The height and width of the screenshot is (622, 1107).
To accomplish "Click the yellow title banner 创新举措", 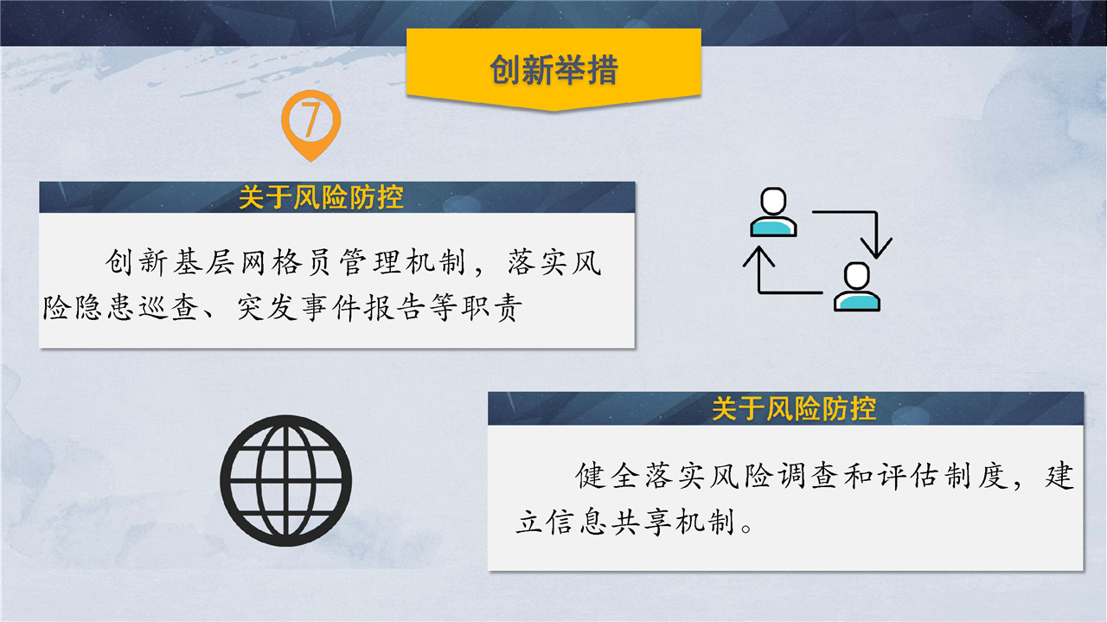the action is (x=553, y=69).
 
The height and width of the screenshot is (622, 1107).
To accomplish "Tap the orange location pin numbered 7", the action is (x=310, y=125).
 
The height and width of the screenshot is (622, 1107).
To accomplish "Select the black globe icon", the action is (x=285, y=481).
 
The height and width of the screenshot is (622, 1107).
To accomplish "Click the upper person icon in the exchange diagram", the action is (x=773, y=212).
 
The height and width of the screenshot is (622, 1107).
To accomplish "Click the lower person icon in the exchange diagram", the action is (x=857, y=286).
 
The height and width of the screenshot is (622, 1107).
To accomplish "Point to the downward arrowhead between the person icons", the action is (x=876, y=247).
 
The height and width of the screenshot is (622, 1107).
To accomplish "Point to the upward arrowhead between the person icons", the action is (x=758, y=257).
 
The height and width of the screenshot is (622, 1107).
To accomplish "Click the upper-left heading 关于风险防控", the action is (x=321, y=197).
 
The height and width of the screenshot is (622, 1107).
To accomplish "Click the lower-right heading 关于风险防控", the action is (x=794, y=409).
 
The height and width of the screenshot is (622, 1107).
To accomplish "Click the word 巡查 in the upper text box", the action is (x=169, y=307).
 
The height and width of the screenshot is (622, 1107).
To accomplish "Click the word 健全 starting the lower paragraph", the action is (x=608, y=476).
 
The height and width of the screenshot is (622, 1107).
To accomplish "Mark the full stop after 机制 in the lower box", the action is (x=746, y=527).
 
